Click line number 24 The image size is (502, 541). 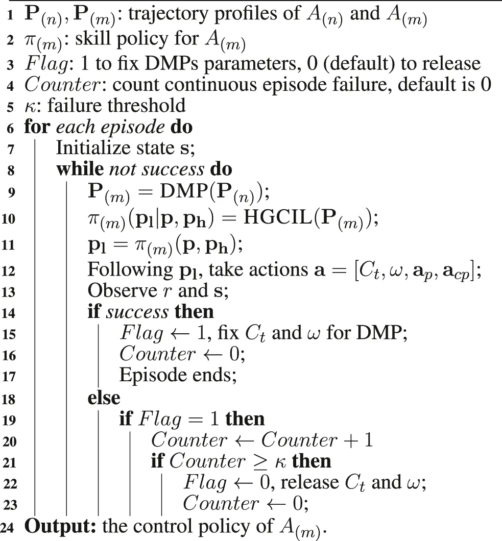pyautogui.click(x=10, y=527)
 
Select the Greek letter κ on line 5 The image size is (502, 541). pyautogui.click(x=30, y=106)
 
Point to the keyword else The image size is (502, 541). pyautogui.click(x=104, y=397)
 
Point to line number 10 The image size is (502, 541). pyautogui.click(x=10, y=219)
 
